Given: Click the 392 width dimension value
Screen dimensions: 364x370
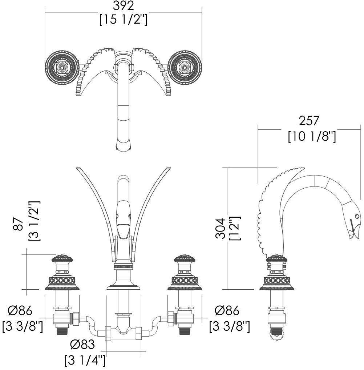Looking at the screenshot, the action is pos(123,6).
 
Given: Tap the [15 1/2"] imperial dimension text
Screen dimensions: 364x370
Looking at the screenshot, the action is pos(123,20).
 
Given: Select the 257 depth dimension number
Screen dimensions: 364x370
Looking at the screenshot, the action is pos(309,121).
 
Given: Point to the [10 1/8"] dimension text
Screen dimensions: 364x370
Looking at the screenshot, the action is pos(312,136).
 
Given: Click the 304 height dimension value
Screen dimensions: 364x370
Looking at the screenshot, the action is pos(221,228).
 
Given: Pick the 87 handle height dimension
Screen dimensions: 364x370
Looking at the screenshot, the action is pos(18,224).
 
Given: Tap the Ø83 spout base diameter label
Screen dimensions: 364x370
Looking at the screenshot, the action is pos(82,345).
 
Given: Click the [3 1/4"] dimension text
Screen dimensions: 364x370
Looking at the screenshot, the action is pos(85,360).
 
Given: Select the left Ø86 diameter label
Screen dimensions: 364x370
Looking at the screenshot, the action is pos(20,310).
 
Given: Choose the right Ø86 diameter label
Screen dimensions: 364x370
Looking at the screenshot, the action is pos(227,310).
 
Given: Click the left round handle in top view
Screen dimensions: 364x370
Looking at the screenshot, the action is pos(61,67).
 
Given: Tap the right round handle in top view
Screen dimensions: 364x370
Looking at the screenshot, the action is pos(185,67).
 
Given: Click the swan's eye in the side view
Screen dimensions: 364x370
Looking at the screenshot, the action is pos(356,216).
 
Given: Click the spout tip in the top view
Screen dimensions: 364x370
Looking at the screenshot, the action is pos(123,145).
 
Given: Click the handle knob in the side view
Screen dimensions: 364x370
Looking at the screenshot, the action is pos(277,258).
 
